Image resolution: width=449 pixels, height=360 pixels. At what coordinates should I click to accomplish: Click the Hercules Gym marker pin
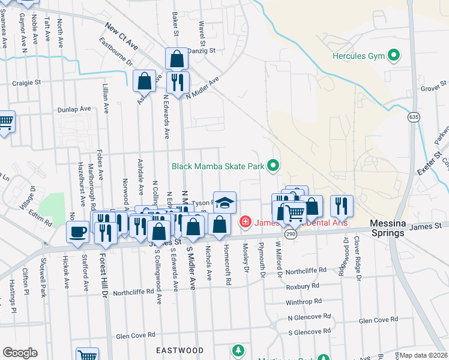pyautogui.click(x=394, y=56)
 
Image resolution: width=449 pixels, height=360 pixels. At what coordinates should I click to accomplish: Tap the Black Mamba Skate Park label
pyautogui.click(x=218, y=166)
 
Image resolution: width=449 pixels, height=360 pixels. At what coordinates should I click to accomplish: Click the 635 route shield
pyautogui.click(x=412, y=116)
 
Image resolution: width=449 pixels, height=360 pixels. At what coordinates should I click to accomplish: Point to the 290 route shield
pyautogui.click(x=291, y=233)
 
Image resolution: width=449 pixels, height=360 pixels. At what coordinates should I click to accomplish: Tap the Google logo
pyautogui.click(x=20, y=353)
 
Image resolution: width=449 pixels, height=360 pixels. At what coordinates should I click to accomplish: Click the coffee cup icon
pyautogui.click(x=78, y=232)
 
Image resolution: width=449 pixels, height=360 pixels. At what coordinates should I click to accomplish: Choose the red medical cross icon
pyautogui.click(x=245, y=223)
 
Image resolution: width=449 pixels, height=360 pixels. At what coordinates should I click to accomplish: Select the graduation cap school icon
pyautogui.click(x=224, y=202)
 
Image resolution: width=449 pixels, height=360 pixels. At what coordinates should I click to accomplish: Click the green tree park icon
pyautogui.click(x=238, y=350)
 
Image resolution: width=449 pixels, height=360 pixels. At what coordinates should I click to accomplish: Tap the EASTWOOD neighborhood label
pyautogui.click(x=179, y=350)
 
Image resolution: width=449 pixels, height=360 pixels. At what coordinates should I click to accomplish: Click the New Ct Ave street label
pyautogui.click(x=121, y=35)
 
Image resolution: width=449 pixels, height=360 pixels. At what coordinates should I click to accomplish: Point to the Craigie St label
pyautogui.click(x=26, y=82)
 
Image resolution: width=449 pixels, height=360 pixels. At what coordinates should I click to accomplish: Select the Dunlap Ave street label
pyautogui.click(x=74, y=109)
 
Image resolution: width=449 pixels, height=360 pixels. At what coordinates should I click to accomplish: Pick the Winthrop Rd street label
pyautogui.click(x=304, y=301)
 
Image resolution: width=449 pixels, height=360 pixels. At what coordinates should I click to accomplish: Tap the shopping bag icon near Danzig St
pyautogui.click(x=176, y=59)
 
